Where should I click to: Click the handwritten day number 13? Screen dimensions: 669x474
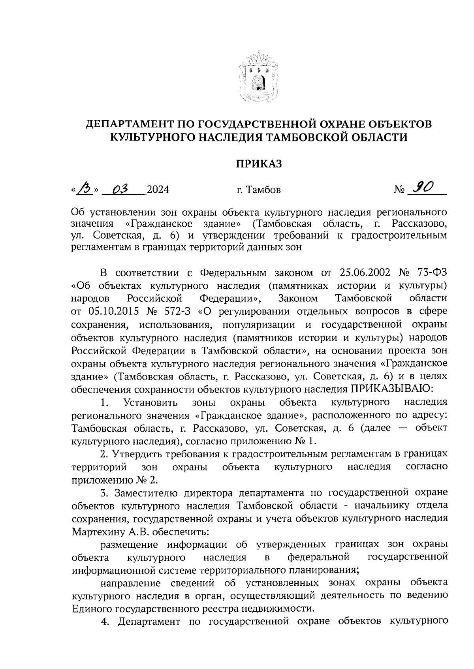pos(84,188)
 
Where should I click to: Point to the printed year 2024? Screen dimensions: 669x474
pos(158,190)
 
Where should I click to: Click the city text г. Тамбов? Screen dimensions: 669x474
pos(259,190)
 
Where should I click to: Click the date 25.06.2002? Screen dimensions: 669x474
pos(365,273)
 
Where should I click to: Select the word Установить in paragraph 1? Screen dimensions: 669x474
pos(150,402)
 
